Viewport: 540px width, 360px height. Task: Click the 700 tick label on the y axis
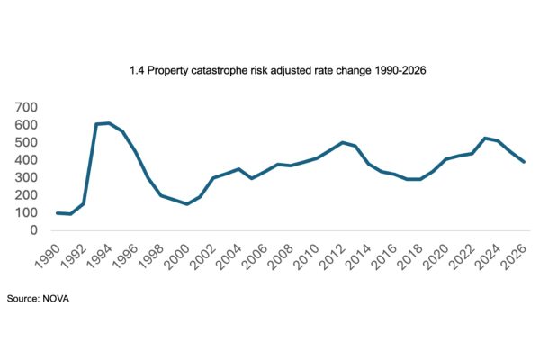tap(26, 107)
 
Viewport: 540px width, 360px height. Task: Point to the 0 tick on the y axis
tap(34, 230)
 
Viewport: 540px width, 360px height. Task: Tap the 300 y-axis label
tap(26, 177)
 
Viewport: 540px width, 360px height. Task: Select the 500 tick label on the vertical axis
tap(26, 142)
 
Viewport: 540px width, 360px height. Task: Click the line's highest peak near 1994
tap(109, 123)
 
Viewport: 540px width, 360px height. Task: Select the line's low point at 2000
tap(187, 204)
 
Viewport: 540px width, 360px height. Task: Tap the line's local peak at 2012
tap(343, 142)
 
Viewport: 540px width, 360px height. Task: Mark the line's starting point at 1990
tap(58, 213)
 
